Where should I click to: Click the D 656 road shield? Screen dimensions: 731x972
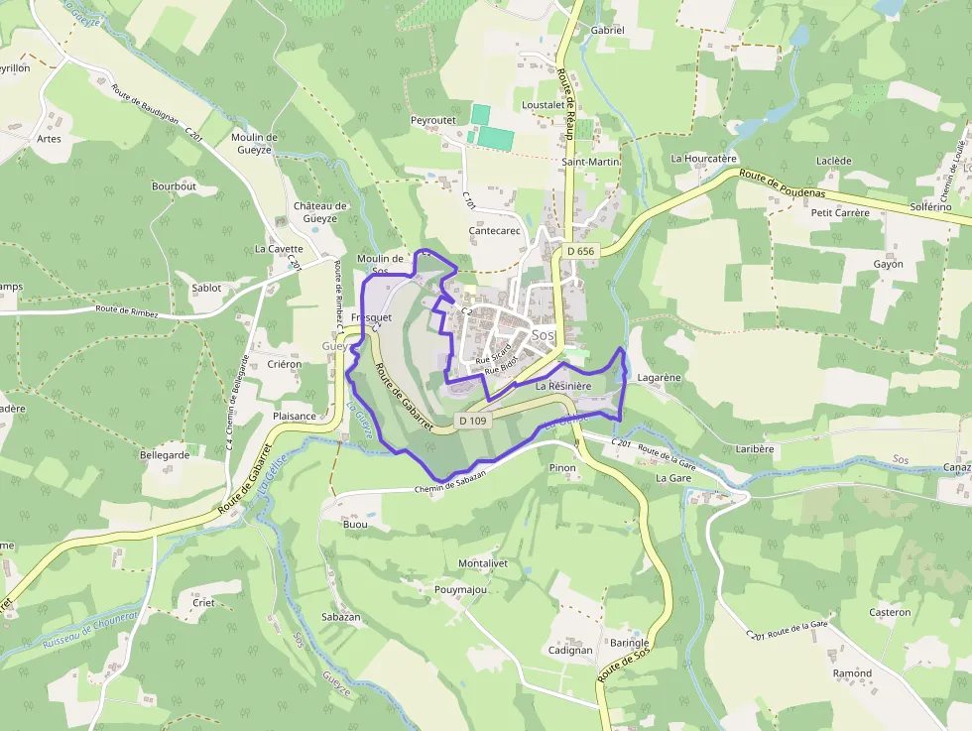pos(581,251)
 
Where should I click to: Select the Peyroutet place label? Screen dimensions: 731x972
pos(433,120)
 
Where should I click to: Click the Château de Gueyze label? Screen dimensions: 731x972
pos(320,212)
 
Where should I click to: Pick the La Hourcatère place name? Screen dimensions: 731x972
pos(704,158)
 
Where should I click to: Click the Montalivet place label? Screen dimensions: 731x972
pos(483,563)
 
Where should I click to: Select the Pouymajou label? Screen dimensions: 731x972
pos(461,589)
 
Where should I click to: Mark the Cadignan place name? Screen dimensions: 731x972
pos(570,651)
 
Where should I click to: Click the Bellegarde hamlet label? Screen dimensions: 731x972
pos(165,454)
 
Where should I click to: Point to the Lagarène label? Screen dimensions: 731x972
pos(659,378)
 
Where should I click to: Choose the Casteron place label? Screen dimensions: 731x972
pos(890,612)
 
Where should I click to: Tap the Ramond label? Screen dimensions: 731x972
pos(852,673)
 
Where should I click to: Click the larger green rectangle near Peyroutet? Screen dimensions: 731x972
pos(496,138)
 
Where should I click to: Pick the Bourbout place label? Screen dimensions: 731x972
pos(174,185)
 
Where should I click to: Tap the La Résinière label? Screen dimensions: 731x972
pos(563,385)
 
